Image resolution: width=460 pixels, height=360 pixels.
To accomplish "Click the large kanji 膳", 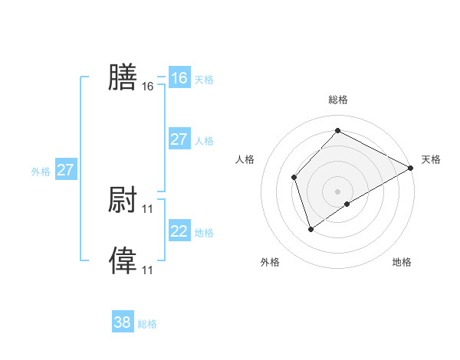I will [123, 77].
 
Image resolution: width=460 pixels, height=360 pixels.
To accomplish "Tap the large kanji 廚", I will [123, 200].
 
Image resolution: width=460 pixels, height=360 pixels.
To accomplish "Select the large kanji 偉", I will [123, 260].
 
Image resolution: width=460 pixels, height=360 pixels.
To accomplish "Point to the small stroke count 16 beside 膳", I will [148, 87].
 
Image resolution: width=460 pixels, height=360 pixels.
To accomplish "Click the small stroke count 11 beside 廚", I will [148, 208].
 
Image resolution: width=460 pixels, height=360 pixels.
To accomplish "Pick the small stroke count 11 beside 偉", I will [148, 270].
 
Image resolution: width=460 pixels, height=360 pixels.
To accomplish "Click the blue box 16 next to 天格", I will [179, 78].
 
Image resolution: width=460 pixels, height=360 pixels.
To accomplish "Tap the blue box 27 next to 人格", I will [179, 139].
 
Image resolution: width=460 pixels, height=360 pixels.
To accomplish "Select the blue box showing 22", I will [179, 231].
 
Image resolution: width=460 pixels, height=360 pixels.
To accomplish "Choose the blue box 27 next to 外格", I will [66, 170].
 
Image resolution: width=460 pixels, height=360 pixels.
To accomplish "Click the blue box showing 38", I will [123, 322].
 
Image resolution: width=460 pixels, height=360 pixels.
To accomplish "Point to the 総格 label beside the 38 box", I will [147, 324].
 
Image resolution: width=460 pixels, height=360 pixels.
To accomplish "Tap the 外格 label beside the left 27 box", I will [41, 172].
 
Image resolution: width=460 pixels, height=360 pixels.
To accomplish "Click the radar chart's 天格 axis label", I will [431, 159].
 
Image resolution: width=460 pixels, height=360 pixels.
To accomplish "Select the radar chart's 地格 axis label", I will [402, 262].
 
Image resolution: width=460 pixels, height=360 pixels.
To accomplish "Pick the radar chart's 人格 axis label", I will [245, 159].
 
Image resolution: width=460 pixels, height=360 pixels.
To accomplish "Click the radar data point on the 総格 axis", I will [337, 131].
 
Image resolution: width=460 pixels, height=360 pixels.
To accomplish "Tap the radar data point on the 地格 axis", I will [347, 204].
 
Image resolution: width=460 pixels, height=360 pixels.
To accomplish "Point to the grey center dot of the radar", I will [337, 191].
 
